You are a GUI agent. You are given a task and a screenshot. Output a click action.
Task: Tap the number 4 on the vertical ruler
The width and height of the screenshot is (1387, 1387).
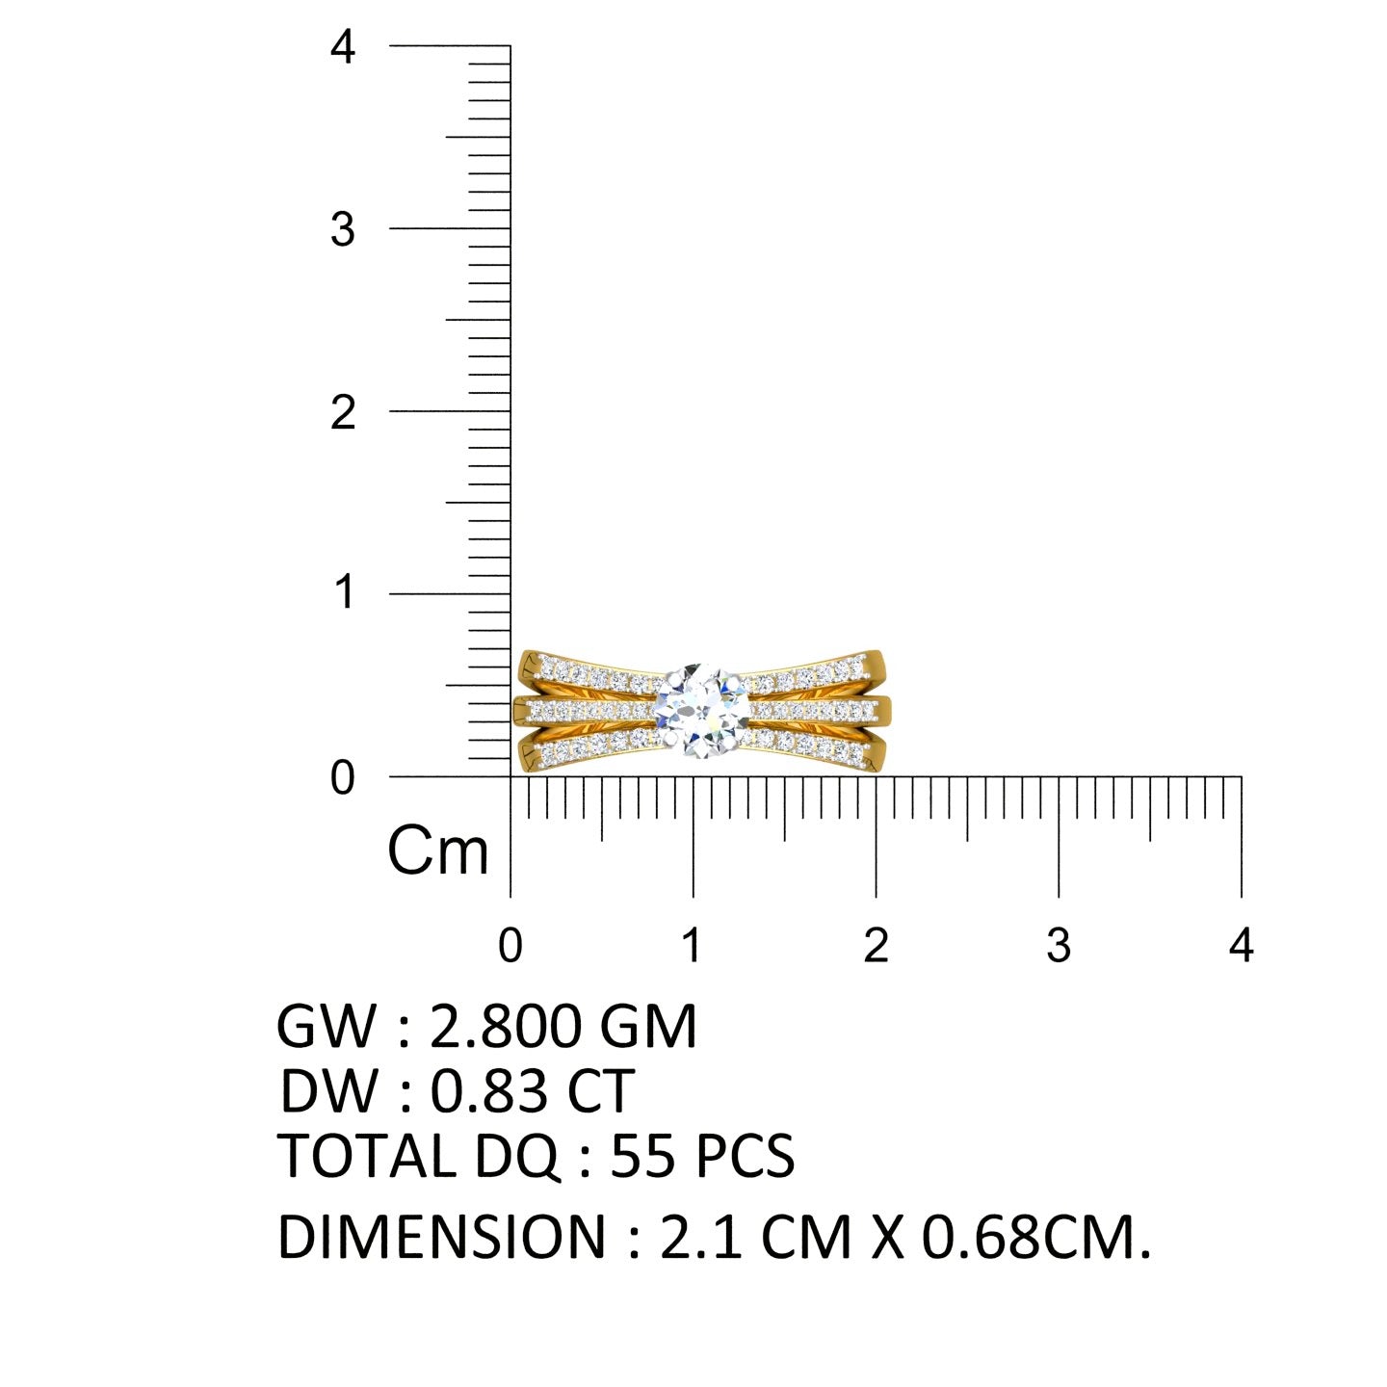pyautogui.click(x=343, y=48)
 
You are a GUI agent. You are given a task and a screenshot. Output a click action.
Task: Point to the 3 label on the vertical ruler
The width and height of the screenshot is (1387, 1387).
pyautogui.click(x=343, y=230)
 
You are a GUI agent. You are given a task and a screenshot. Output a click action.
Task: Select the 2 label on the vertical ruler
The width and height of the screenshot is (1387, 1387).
pyautogui.click(x=343, y=413)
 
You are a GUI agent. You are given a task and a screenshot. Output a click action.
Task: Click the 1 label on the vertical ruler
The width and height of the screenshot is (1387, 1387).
pyautogui.click(x=344, y=593)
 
